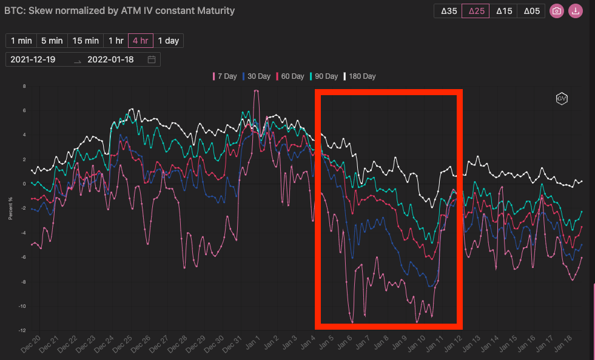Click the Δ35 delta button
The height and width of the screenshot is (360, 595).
coord(449,11)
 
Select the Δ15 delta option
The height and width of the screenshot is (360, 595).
coord(504,11)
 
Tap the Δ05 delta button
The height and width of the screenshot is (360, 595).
coord(532,11)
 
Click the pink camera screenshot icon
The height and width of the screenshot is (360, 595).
coord(556,11)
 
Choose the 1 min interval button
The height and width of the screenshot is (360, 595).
coord(21,41)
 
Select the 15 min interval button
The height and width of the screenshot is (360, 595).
coord(86,41)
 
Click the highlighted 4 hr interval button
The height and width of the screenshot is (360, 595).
coord(140,41)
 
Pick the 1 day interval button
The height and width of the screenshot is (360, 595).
coord(168,41)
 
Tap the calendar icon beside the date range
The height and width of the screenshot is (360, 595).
coord(152,59)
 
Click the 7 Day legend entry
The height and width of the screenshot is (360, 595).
coord(224,76)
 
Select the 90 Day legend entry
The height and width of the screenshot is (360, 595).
coord(324,76)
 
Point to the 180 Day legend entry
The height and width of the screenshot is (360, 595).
coord(360,76)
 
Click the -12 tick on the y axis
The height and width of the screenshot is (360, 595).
coord(22,330)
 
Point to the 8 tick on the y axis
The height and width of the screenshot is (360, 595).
coord(24,86)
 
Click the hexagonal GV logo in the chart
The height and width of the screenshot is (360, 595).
coord(562,98)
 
